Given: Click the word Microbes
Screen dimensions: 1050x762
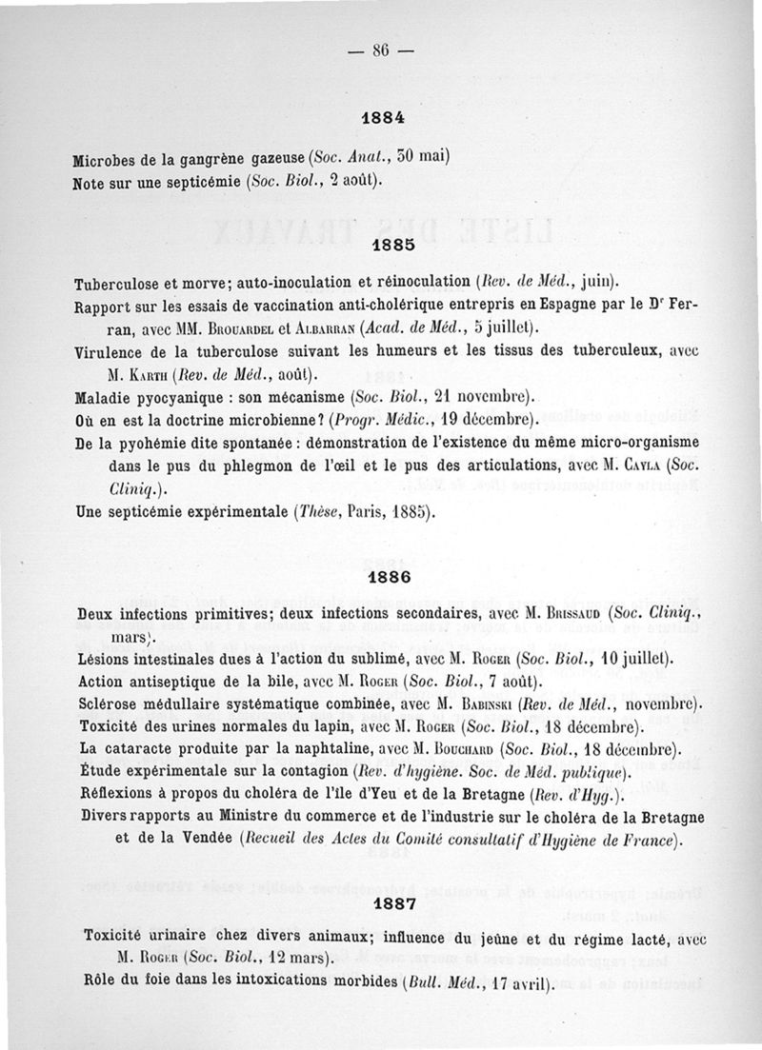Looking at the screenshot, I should [106, 156].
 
